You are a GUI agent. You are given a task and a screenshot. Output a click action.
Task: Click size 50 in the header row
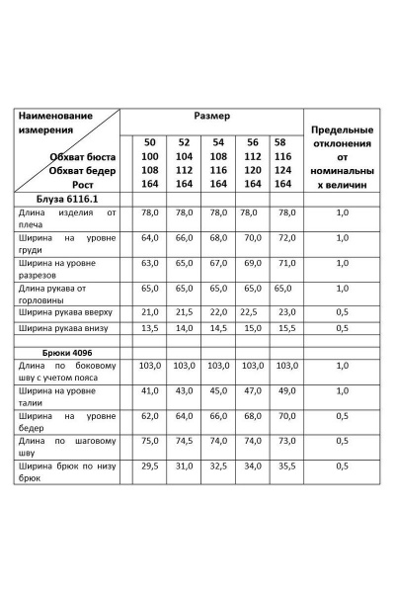[x=149, y=142]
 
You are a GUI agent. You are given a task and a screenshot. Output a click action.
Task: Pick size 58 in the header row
[x=280, y=142]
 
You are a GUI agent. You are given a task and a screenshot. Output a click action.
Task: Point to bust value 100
[x=149, y=156]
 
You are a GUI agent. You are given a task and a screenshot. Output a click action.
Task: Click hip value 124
[x=282, y=170]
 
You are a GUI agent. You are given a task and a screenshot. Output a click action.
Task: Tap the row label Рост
[x=95, y=184]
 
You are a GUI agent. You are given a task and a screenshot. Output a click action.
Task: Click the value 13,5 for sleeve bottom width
[x=150, y=327]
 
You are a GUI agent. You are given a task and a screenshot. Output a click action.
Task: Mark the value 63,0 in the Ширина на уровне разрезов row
[x=150, y=264]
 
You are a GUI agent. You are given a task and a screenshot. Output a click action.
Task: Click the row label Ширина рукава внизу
[x=67, y=327]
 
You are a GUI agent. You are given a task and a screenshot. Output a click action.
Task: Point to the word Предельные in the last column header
[x=342, y=129]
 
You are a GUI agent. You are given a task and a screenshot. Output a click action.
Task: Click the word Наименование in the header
[x=55, y=116]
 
